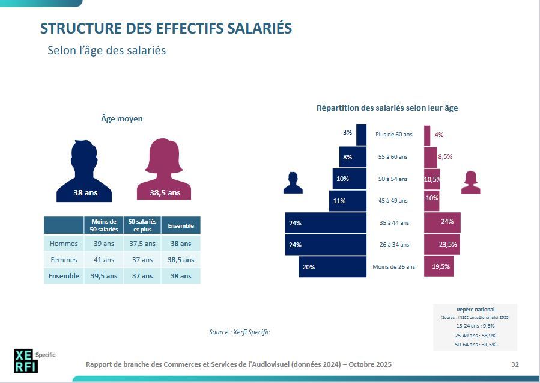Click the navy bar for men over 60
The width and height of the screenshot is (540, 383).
(361, 134)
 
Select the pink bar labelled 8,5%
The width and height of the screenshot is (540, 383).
(430, 157)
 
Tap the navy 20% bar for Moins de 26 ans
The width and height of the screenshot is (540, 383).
(332, 266)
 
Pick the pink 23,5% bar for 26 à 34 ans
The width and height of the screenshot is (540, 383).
(441, 245)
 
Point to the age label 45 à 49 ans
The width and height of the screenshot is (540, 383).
(393, 201)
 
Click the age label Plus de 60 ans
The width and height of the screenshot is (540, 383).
(394, 135)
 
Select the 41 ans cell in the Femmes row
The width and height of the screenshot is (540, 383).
(103, 260)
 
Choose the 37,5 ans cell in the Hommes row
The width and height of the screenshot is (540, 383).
(142, 244)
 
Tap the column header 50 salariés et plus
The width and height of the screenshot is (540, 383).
(142, 225)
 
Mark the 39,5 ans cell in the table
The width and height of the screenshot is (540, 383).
(103, 276)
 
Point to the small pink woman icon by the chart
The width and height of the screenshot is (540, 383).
(470, 182)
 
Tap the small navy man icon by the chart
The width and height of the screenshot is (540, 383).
(293, 183)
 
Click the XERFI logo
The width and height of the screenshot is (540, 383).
(26, 360)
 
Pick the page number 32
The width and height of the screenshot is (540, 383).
(515, 364)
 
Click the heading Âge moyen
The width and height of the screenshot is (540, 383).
(122, 119)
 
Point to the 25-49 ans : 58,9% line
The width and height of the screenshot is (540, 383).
(476, 335)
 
